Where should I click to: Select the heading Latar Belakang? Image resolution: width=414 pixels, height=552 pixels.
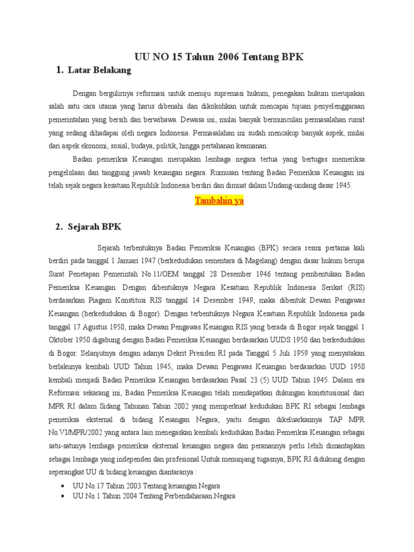[100, 70]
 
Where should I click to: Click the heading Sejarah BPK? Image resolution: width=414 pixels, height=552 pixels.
[95, 227]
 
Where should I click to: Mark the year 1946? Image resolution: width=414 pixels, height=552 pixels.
[261, 274]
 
